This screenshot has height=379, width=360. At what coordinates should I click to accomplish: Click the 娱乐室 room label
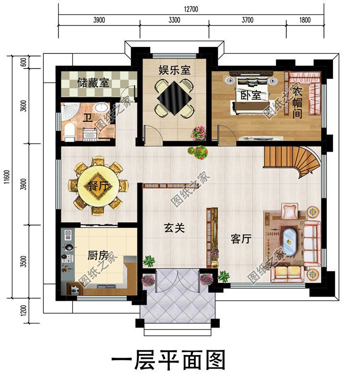click(x=175, y=70)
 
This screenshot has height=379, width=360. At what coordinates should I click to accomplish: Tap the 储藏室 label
click(x=93, y=83)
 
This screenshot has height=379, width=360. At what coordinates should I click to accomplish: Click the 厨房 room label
click(x=97, y=255)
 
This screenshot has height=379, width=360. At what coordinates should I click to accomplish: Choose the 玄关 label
click(x=174, y=229)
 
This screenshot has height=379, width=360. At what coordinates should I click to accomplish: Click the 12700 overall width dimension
click(x=191, y=9)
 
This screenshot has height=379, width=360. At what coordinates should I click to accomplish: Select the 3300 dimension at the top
click(x=174, y=20)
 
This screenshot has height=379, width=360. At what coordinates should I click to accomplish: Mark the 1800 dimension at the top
click(x=304, y=20)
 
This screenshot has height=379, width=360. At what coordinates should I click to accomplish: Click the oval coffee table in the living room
click(x=289, y=243)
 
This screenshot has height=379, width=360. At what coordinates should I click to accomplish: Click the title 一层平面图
click(x=168, y=360)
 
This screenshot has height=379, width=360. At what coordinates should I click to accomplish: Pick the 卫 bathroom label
click(x=87, y=118)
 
